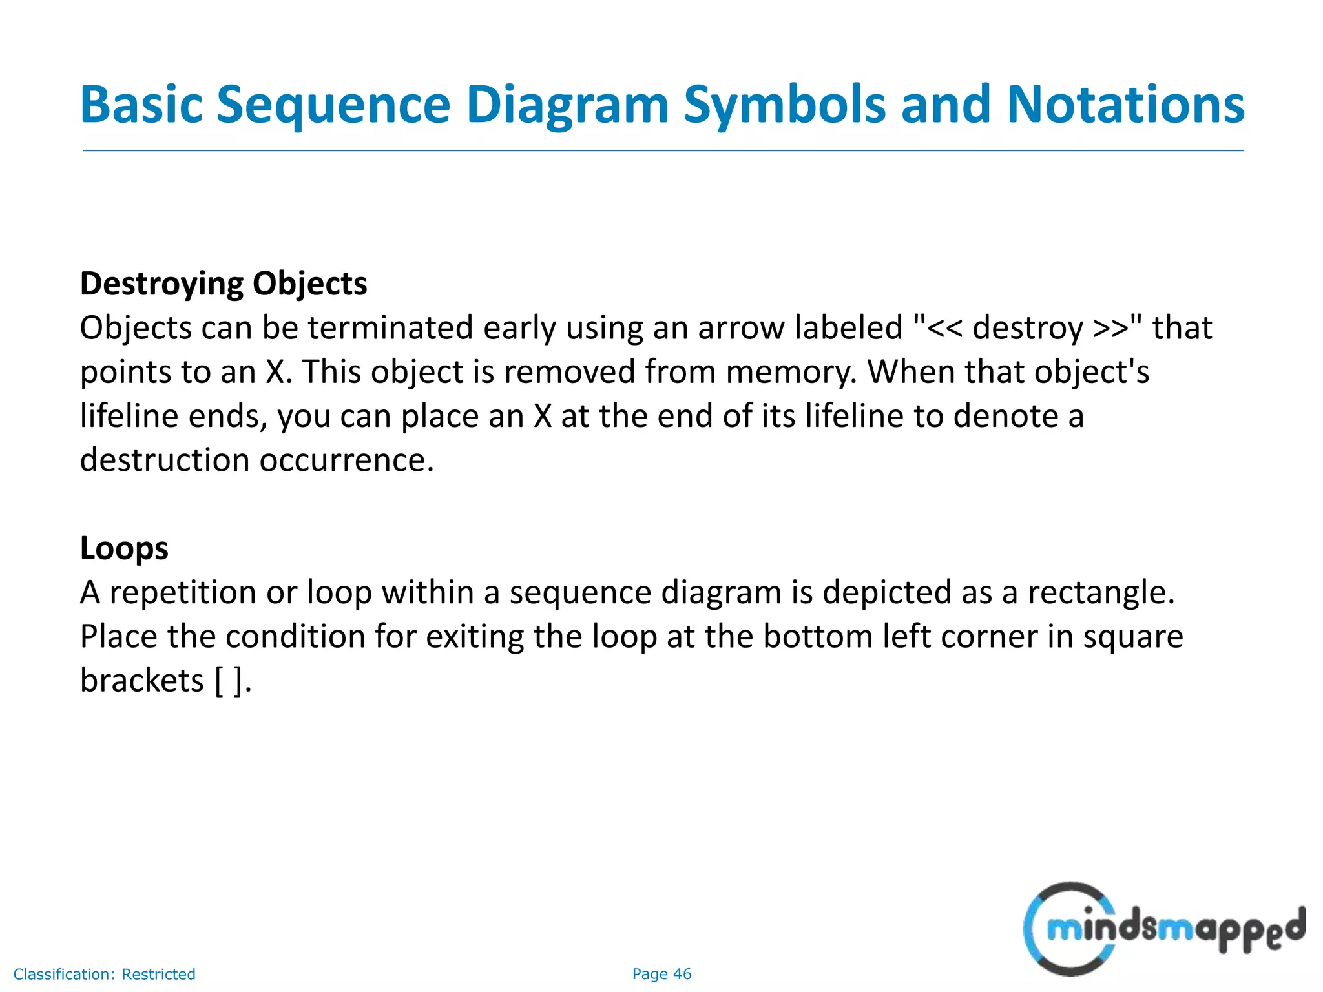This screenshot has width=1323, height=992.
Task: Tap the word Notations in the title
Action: pos(1125,105)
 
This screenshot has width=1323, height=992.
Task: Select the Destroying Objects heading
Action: pos(224,284)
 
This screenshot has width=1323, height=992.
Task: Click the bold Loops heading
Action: pos(124,548)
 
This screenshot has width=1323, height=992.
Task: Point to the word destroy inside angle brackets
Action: pos(1027,328)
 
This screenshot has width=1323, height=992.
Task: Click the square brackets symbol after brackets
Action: pos(229,681)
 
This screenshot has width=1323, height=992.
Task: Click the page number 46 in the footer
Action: pos(682,974)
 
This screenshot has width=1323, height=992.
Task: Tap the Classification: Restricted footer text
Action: pos(104,974)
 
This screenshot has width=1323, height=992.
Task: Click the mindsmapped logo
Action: pos(1163,929)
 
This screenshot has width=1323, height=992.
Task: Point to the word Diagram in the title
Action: pos(567,105)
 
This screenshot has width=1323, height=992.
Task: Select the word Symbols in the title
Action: pos(784,105)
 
